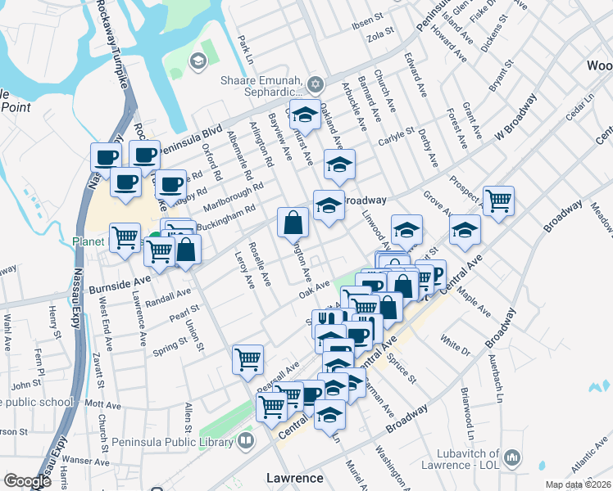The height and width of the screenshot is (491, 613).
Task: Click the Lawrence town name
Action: tap(294, 476)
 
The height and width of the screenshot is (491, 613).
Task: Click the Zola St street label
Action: tap(382, 36)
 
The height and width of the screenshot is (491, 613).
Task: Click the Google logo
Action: tap(28, 480)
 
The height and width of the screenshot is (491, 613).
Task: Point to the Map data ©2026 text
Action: tap(578, 484)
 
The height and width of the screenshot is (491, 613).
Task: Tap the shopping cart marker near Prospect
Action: tap(498, 200)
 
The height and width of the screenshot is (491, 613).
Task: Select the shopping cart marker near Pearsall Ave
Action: tap(247, 358)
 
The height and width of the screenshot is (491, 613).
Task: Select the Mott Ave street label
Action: tap(103, 404)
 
